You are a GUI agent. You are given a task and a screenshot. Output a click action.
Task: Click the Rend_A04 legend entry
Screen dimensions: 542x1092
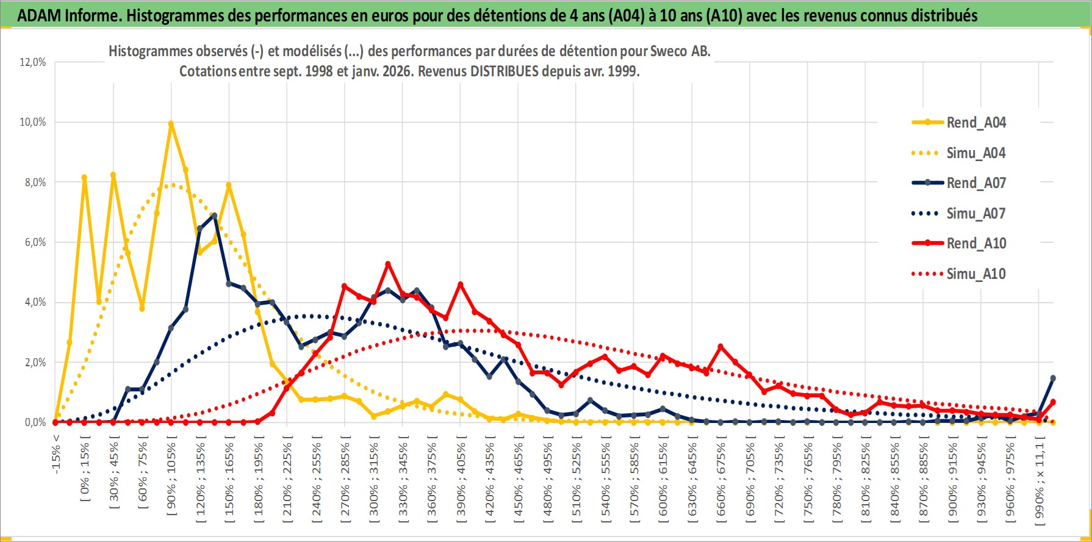975,123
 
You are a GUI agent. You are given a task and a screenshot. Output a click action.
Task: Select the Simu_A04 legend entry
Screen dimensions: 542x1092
975,153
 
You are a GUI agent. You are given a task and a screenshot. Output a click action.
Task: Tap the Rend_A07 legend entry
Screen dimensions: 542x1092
975,183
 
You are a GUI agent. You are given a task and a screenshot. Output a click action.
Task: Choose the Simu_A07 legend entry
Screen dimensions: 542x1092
975,214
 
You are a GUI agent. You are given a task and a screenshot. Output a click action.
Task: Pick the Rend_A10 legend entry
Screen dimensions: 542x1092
975,244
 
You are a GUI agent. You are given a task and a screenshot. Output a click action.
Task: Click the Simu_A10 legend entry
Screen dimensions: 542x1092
975,274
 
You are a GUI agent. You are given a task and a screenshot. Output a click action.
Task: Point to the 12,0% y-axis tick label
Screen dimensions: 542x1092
33,62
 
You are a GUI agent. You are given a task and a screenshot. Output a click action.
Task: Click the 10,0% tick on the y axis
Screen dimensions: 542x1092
33,122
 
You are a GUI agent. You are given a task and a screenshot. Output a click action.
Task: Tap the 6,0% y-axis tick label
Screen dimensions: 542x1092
33,242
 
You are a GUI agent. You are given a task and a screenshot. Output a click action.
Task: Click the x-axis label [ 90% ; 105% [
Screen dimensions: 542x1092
171,479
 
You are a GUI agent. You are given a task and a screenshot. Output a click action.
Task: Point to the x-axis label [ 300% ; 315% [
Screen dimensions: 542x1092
374,479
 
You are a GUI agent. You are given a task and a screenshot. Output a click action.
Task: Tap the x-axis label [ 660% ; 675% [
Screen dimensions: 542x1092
721,479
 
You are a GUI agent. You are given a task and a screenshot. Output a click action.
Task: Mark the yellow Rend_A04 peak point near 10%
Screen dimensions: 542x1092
171,124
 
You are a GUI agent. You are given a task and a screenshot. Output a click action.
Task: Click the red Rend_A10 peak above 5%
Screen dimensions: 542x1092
388,264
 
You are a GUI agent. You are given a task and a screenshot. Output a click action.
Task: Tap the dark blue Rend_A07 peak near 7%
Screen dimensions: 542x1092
214,215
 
